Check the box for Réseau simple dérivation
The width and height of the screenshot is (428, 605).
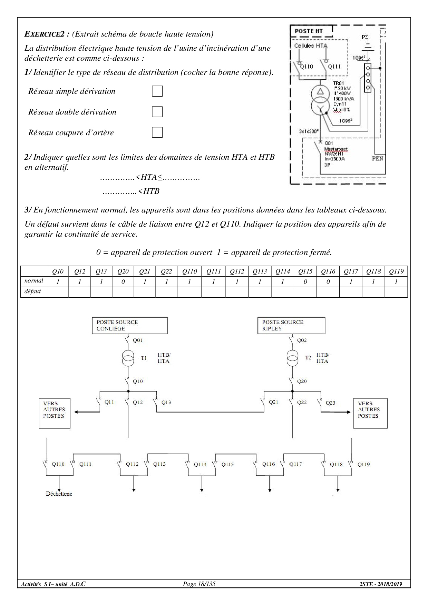(x=157, y=91)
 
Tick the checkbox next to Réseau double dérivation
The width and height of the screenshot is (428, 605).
(x=157, y=112)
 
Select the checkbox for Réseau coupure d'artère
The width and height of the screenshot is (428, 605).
(x=157, y=132)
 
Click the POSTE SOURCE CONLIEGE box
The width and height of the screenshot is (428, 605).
(x=130, y=325)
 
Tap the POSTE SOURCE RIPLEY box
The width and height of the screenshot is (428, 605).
(x=291, y=325)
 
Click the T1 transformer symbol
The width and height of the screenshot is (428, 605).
(x=128, y=358)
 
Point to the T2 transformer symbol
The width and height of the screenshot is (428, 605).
(x=293, y=358)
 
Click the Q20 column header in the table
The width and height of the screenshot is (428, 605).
(x=123, y=271)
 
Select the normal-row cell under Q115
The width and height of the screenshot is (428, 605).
(x=305, y=282)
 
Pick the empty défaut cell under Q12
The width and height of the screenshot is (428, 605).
(x=79, y=292)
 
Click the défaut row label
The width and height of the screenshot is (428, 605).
(x=33, y=291)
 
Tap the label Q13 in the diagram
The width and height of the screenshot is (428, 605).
(x=166, y=402)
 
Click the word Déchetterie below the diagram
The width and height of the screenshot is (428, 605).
(x=59, y=494)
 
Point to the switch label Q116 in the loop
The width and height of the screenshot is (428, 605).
(x=269, y=464)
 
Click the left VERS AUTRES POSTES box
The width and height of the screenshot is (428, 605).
(x=55, y=413)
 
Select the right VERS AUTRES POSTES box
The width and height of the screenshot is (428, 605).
(x=370, y=413)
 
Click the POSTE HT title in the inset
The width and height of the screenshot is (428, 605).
(x=309, y=31)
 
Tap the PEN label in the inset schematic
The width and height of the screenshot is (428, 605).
(x=377, y=159)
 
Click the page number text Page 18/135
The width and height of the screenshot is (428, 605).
(x=199, y=584)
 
